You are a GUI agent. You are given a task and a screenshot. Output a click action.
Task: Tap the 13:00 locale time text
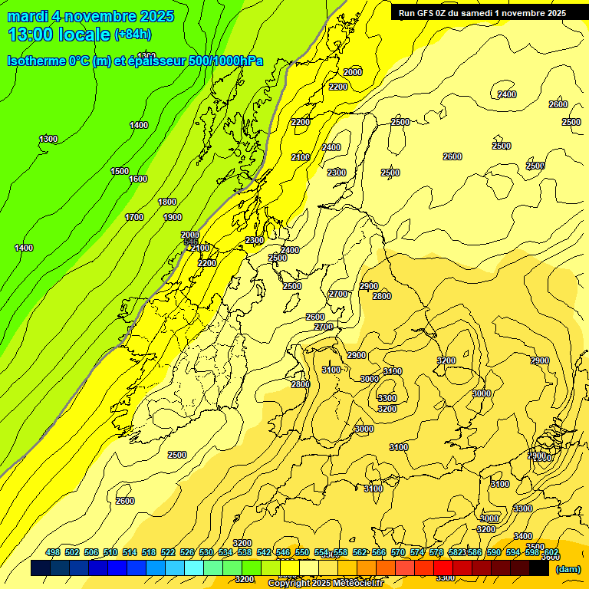58,35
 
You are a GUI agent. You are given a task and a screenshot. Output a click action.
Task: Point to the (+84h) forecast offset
133,35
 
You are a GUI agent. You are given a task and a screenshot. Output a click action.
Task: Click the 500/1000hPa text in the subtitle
226,61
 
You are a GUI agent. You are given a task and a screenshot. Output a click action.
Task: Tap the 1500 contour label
120,171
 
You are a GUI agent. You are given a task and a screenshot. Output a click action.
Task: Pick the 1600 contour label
138,179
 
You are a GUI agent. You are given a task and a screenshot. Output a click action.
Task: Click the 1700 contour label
134,217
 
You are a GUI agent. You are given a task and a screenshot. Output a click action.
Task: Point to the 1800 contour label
167,202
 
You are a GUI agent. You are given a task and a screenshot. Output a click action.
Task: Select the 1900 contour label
173,217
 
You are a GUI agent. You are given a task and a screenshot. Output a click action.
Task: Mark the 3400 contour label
523,536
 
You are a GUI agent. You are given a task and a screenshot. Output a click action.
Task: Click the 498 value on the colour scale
53,553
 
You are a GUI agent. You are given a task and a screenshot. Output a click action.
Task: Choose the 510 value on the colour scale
110,553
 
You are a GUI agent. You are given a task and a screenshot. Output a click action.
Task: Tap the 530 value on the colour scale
206,553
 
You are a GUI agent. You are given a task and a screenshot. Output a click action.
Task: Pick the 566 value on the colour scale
379,553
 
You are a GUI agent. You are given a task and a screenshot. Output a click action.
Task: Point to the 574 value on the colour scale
417,553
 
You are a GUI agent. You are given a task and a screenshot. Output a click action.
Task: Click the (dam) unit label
568,569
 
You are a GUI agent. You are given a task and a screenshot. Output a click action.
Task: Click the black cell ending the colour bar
539,568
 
